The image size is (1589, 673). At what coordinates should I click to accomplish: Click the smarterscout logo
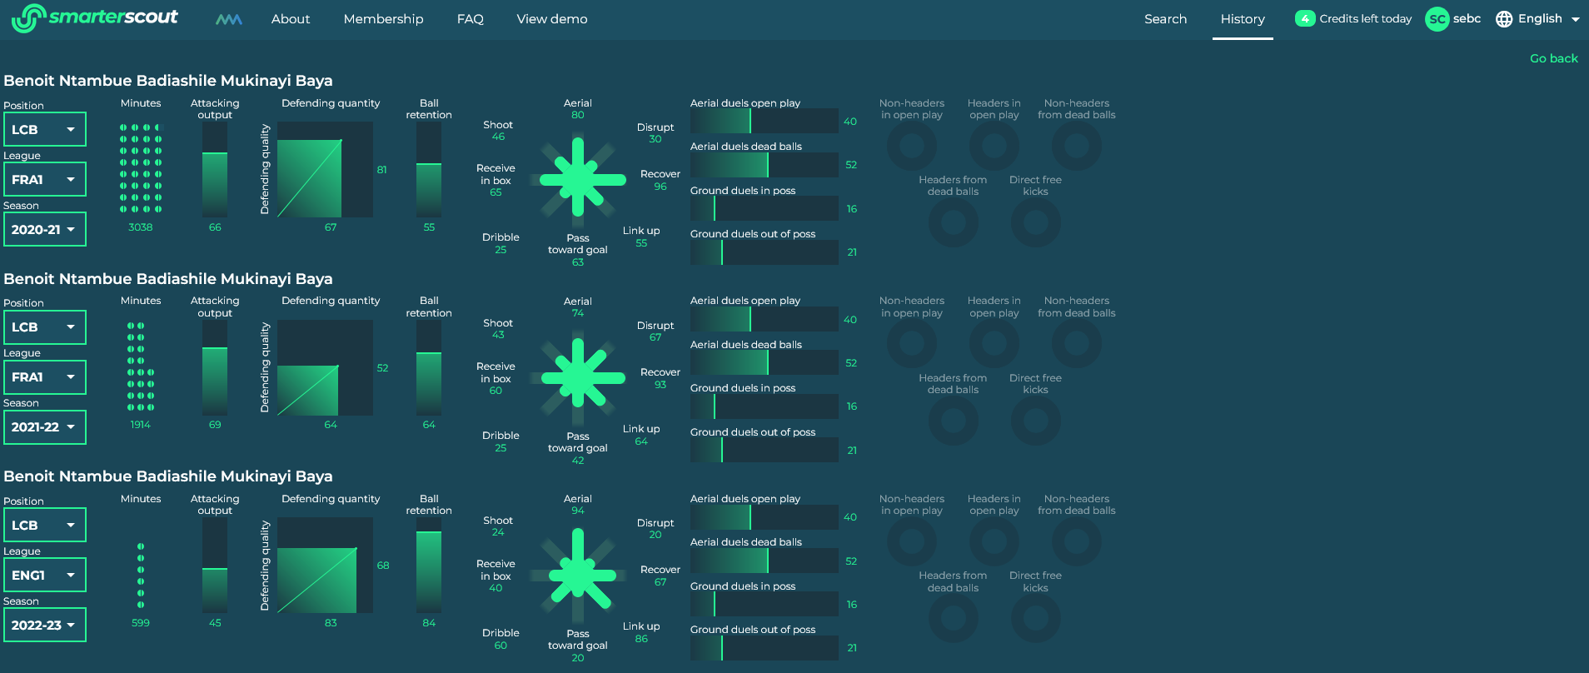[95, 18]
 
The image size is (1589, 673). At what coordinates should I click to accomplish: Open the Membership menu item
[383, 19]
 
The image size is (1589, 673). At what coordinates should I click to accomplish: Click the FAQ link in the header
[470, 19]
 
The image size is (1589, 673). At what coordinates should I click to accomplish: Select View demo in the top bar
[551, 19]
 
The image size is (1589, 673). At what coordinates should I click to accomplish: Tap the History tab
[1242, 19]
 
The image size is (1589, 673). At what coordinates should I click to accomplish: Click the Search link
[1165, 19]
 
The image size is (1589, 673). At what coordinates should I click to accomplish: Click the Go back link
[1553, 58]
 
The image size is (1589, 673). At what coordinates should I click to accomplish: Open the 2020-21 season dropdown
[44, 230]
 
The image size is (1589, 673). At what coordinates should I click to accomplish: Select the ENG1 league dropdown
[44, 576]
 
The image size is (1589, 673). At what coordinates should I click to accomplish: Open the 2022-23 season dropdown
[44, 626]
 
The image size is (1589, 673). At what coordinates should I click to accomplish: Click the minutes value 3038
[140, 227]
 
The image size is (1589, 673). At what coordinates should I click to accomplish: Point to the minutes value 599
[140, 623]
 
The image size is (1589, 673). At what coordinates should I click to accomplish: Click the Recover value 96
[660, 187]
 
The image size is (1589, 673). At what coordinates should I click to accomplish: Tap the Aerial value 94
[577, 511]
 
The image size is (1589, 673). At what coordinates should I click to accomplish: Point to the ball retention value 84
[429, 623]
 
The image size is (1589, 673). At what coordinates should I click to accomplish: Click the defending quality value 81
[381, 170]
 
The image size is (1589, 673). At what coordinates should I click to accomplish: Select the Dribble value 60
[501, 646]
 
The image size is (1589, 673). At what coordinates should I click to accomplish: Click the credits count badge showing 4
[1304, 19]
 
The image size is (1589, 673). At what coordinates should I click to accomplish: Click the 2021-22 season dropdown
[44, 427]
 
